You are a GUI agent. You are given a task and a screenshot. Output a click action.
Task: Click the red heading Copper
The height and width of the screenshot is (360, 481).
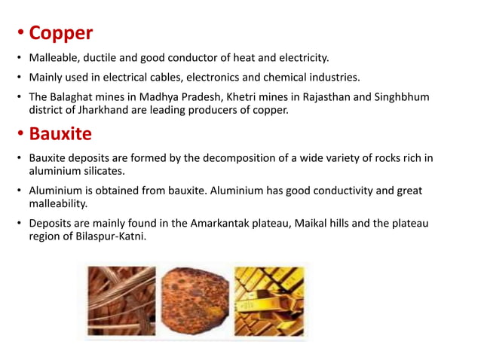[x=60, y=33]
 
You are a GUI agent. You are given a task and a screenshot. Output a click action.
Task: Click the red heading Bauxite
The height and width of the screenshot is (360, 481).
[x=60, y=134]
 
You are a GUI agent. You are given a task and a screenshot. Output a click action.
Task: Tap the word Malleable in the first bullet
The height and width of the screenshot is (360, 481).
[x=55, y=57]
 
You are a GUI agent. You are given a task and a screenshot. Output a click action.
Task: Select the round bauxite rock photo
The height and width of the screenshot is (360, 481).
[x=194, y=301]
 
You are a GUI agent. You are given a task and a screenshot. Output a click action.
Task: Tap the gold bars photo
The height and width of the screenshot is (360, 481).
[x=269, y=301]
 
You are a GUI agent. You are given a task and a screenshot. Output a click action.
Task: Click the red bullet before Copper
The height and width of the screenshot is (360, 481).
[x=20, y=34]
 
